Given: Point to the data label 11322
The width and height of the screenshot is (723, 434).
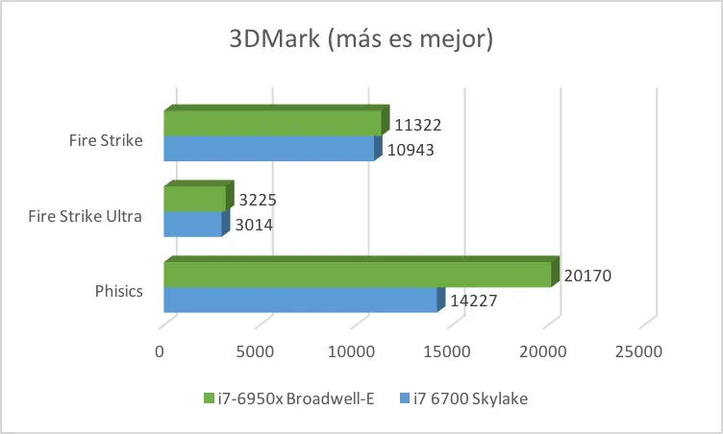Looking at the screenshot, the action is [x=418, y=125].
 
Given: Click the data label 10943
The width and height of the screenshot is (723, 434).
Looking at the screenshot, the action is [x=411, y=150].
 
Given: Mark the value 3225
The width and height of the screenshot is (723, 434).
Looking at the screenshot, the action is [x=258, y=200].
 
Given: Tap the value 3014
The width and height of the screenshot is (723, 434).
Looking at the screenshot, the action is [x=254, y=225].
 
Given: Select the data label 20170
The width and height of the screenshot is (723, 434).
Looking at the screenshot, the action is [x=587, y=276].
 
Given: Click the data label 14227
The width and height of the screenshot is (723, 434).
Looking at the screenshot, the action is [x=474, y=301].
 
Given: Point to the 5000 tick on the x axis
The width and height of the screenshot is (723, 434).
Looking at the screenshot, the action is [x=255, y=352].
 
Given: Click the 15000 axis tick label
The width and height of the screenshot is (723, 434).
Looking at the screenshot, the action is [x=447, y=352].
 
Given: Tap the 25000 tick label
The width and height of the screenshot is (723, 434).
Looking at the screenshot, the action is [x=638, y=352].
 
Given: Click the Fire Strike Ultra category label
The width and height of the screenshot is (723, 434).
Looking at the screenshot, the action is [x=86, y=216].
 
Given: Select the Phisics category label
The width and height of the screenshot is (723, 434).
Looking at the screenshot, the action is [x=119, y=291].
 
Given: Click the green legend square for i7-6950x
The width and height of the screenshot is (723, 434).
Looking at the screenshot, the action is [x=209, y=398].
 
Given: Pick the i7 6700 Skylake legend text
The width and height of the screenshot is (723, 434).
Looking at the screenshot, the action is [x=470, y=398].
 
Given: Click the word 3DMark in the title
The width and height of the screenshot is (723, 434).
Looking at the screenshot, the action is [x=274, y=37].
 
